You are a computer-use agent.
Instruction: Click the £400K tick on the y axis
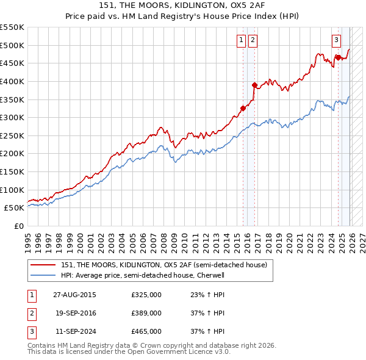[x=13, y=81]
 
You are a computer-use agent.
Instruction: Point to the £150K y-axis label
[x=13, y=172]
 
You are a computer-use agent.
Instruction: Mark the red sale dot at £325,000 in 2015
[x=243, y=108]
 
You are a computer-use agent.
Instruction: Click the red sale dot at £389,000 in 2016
[x=254, y=85]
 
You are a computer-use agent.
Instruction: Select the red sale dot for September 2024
[x=337, y=57]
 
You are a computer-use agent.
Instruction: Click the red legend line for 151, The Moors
[x=43, y=265]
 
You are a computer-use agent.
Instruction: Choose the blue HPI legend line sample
[x=43, y=275]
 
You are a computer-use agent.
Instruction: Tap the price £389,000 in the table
[x=146, y=313]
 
